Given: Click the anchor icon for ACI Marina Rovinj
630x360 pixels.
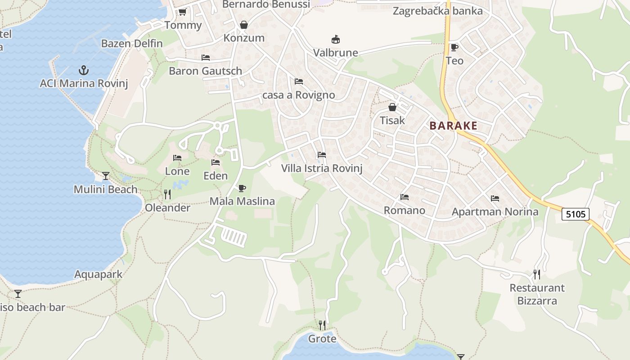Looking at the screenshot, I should click(83, 70).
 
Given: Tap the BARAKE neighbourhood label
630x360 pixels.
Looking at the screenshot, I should click(453, 126).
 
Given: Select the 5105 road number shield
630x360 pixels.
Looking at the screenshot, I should click(576, 214).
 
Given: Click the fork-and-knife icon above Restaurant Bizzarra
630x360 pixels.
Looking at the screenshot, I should click(536, 274).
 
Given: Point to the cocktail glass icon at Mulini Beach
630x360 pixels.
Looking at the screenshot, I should click(106, 175).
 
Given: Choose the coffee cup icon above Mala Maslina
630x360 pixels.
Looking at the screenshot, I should click(242, 188).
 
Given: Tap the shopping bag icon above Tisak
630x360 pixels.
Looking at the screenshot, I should click(392, 107).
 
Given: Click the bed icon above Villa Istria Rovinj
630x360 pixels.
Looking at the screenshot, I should click(322, 155).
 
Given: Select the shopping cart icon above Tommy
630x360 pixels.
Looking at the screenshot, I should click(182, 12).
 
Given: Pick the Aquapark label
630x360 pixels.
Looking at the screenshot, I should click(98, 274).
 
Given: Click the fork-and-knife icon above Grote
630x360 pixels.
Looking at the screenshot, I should click(322, 325).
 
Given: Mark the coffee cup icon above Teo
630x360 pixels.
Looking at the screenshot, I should click(454, 47).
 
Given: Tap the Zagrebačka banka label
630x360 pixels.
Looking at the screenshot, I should click(437, 11).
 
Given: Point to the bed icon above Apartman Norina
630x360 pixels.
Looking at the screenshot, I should click(495, 198).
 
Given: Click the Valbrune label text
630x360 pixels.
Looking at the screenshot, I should click(336, 53).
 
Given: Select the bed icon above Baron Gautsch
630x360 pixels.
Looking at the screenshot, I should click(206, 58).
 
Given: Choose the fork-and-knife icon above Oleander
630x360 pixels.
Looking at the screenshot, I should click(167, 194).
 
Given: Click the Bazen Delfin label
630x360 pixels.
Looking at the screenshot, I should click(132, 44).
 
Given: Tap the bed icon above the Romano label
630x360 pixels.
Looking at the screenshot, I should click(405, 197).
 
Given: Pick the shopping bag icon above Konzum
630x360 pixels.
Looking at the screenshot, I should click(244, 25).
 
